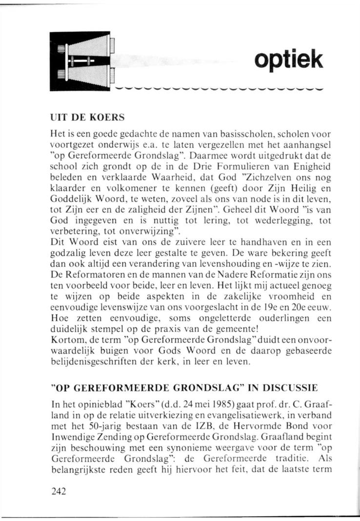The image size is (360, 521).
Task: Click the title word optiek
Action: coord(288,60)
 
